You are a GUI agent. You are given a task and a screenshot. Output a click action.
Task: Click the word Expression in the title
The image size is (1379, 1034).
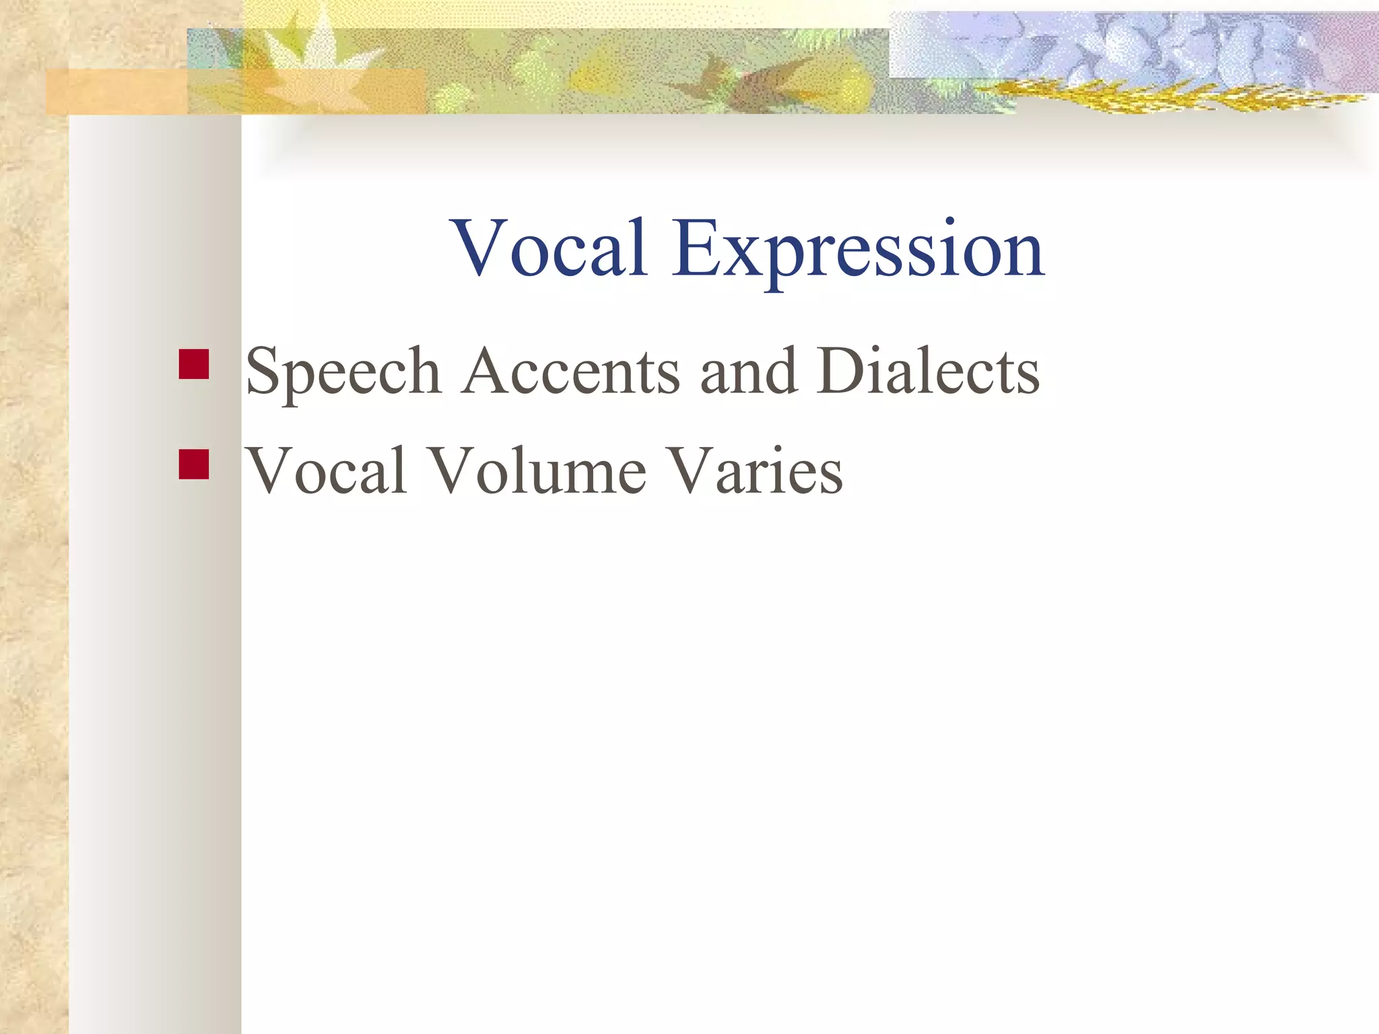click(859, 250)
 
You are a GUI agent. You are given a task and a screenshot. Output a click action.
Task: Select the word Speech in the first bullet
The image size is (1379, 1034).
click(343, 372)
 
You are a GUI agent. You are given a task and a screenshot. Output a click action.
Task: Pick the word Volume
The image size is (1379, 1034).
click(537, 471)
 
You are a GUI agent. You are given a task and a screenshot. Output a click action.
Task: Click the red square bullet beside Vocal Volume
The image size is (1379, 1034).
click(194, 464)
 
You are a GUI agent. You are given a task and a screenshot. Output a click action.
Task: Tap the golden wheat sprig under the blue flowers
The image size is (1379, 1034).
click(1145, 98)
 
